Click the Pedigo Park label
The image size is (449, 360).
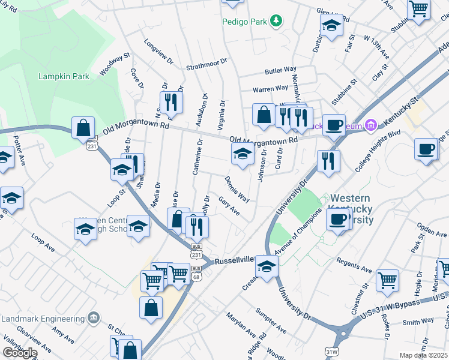pyautogui.click(x=244, y=22)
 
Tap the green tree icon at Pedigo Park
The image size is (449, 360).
pyautogui.click(x=276, y=22)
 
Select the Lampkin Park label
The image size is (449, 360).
pyautogui.click(x=64, y=76)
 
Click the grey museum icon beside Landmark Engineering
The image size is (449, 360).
pyautogui.click(x=94, y=317)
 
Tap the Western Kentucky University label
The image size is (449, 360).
pyautogui.click(x=351, y=209)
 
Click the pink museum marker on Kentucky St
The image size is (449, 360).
pyautogui.click(x=371, y=125)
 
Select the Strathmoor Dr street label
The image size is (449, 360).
pyautogui.click(x=207, y=62)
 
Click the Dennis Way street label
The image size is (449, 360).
pyautogui.click(x=237, y=188)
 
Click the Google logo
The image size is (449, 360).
pyautogui.click(x=19, y=352)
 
